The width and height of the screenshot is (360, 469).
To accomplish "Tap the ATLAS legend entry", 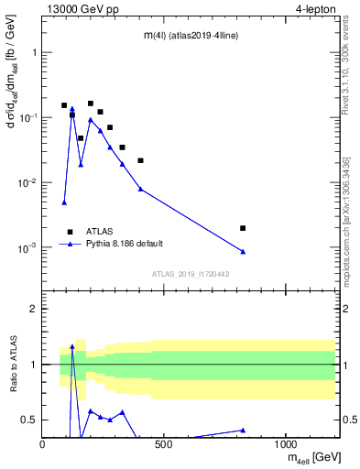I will click(96, 232).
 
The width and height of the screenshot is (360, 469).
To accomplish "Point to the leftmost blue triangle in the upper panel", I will click(64, 202).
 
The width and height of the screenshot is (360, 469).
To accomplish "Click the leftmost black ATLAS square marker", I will click(64, 105).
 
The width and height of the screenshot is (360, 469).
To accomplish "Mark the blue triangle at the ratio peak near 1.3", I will click(72, 347).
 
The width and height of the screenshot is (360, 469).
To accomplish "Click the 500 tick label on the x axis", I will click(164, 445).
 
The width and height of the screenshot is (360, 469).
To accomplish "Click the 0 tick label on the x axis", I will click(43, 445).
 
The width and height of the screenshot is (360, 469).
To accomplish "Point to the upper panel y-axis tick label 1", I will click(34, 52).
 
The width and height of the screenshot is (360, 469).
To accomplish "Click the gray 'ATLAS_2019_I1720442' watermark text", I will click(190, 274).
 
